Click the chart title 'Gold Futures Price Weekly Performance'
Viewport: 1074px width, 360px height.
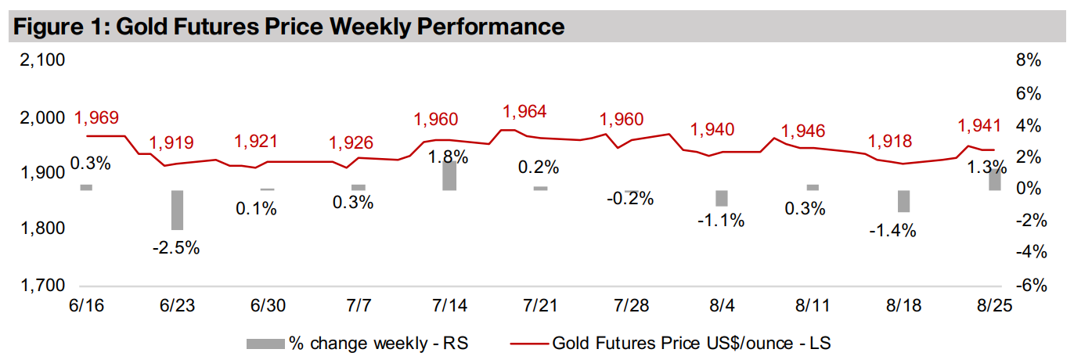[287, 27]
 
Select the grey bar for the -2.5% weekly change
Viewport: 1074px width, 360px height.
[177, 210]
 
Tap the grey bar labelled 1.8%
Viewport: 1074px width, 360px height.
[449, 176]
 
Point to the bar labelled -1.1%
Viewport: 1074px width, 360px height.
[722, 198]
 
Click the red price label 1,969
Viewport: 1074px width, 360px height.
[96, 118]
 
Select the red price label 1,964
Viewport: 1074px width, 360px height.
[524, 111]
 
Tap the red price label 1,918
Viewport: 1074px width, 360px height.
[890, 141]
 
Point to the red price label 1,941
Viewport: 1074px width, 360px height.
[980, 125]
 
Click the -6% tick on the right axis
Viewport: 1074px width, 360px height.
[1027, 286]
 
